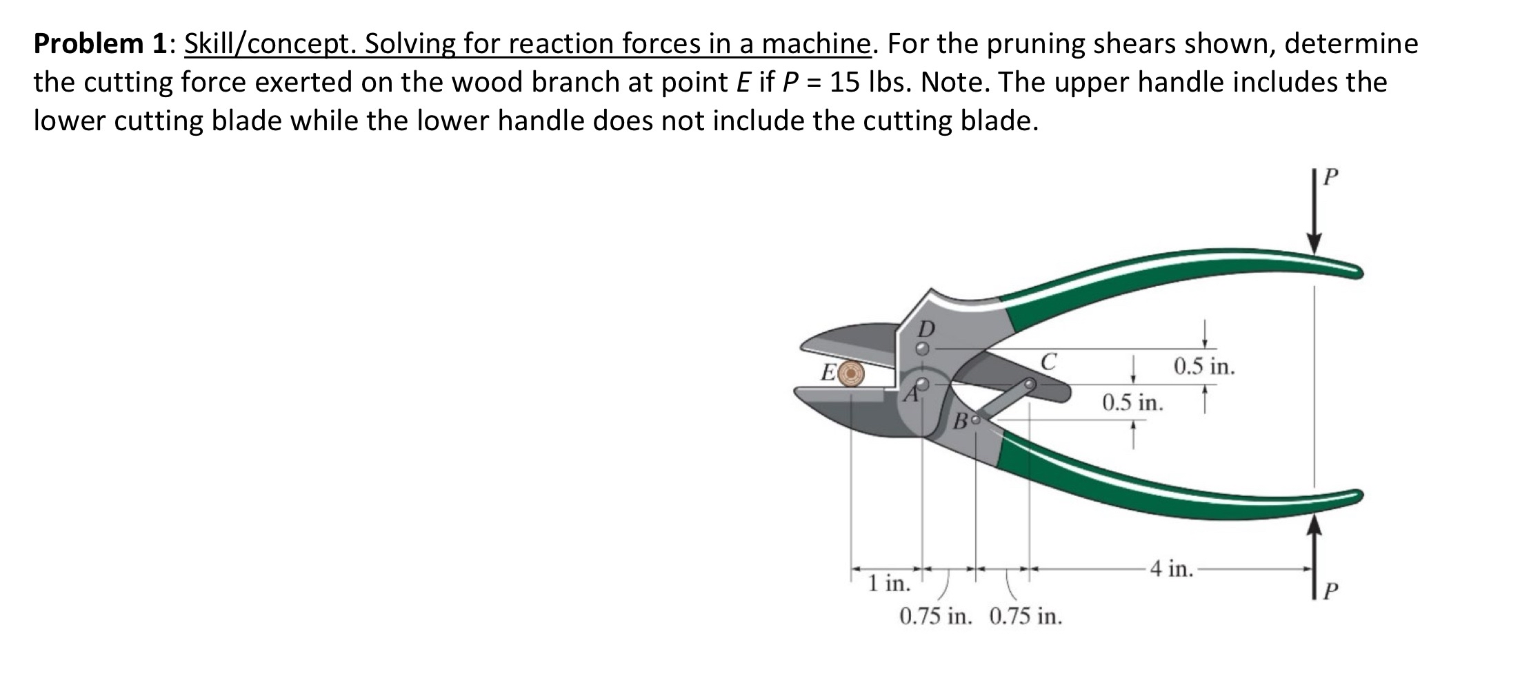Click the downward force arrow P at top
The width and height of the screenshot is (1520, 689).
point(1314,220)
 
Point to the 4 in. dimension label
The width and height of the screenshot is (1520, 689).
point(1170,568)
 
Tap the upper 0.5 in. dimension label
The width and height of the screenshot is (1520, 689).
point(1203,366)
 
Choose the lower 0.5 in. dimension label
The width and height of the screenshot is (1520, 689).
point(1132,402)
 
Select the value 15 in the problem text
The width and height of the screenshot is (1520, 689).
point(846,83)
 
